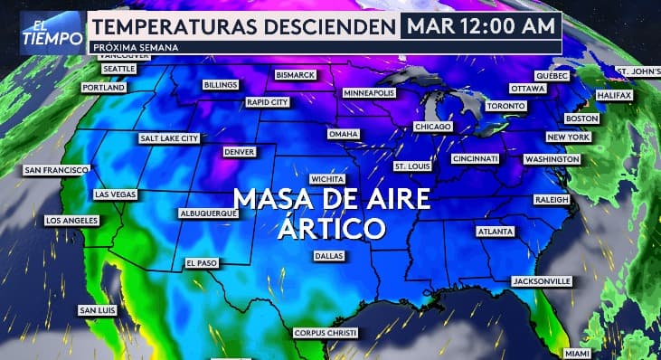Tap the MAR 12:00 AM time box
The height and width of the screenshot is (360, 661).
pos(480,25)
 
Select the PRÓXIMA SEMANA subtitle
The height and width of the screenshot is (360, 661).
pos(136,47)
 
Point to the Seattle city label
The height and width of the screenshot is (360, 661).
pos(118,69)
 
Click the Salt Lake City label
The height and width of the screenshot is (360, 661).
pos(168,138)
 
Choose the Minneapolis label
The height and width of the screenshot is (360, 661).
pos(368,93)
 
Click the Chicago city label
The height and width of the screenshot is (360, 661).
pos(432,127)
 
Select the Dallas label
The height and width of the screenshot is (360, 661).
pos(328,256)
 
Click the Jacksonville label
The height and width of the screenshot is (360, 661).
pos(541,281)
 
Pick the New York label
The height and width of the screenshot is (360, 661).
pos(568,137)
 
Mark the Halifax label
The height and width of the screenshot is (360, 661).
pos(613,95)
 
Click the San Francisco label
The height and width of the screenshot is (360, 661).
pos(56,170)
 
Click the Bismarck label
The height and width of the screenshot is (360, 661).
pos(296,74)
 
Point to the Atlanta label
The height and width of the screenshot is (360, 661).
pos(496,232)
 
